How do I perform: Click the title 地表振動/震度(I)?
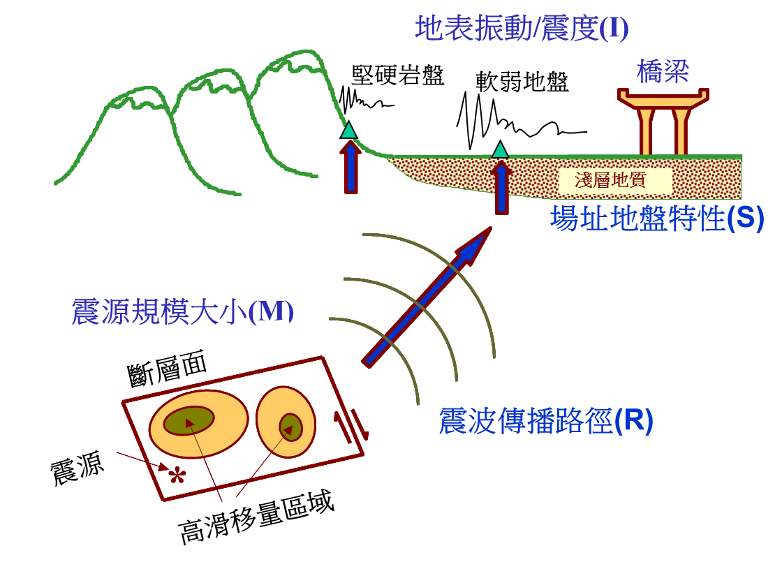click(x=522, y=29)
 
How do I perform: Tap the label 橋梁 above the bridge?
click(x=663, y=71)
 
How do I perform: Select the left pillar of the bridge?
click(x=646, y=131)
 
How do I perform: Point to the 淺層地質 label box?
click(x=615, y=181)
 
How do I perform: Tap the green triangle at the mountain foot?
click(x=348, y=131)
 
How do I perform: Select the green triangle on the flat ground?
click(x=500, y=150)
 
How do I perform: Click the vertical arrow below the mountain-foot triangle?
click(x=351, y=168)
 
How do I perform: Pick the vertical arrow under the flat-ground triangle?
click(x=501, y=189)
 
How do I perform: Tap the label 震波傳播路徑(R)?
click(x=546, y=421)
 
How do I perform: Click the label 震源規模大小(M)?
click(x=182, y=311)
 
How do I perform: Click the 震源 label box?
click(x=78, y=466)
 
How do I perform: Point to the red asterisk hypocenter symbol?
click(x=177, y=477)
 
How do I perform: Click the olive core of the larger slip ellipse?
click(x=189, y=420)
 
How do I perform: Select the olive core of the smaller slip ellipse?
click(x=290, y=427)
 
